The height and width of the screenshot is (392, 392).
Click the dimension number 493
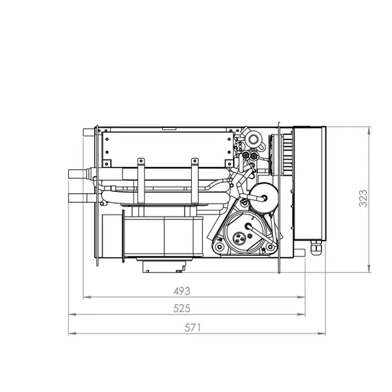click(x=182, y=291)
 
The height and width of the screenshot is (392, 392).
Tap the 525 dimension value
click(x=182, y=308)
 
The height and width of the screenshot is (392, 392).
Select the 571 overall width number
click(x=193, y=327)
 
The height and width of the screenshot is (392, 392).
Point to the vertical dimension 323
click(x=363, y=199)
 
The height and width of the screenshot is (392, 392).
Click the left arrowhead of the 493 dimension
click(x=87, y=297)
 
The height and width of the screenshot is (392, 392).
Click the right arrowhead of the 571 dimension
click(x=322, y=334)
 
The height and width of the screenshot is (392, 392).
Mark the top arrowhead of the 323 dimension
click(x=369, y=131)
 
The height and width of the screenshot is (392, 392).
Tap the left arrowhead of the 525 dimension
click(x=72, y=314)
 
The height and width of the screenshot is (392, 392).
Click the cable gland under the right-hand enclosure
click(x=316, y=248)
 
